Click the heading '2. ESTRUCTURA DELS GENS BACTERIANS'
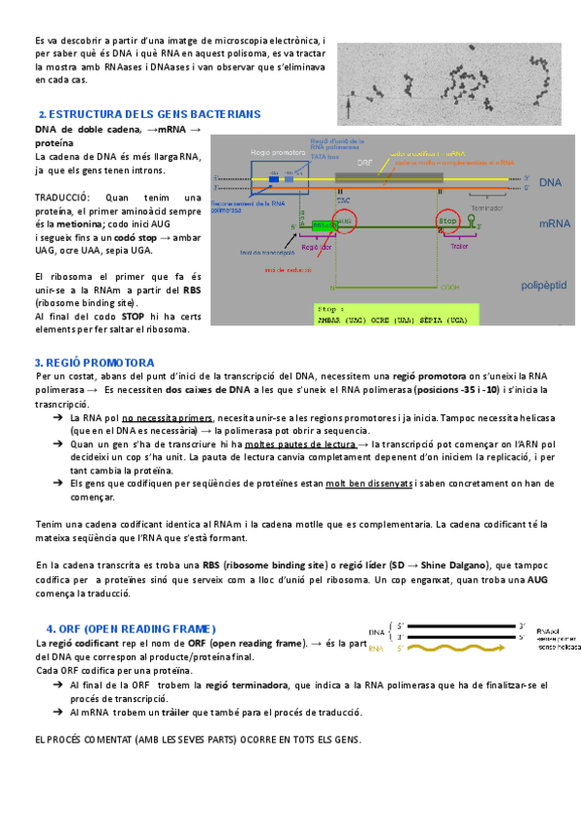pyautogui.click(x=149, y=114)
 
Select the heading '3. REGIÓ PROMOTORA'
pyautogui.click(x=88, y=362)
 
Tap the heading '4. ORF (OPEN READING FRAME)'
pyautogui.click(x=131, y=628)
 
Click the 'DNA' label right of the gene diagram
pyautogui.click(x=550, y=182)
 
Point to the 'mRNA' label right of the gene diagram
pyautogui.click(x=554, y=223)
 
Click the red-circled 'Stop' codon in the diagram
pyautogui.click(x=448, y=222)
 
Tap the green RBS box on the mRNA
pyautogui.click(x=322, y=224)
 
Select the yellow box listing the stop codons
pyautogui.click(x=396, y=316)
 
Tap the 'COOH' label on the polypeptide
pyautogui.click(x=451, y=288)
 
